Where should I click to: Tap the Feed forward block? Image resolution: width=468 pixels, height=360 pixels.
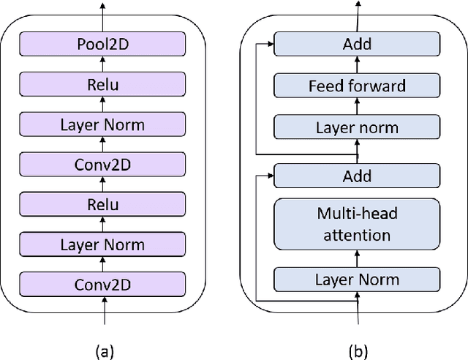point(356,86)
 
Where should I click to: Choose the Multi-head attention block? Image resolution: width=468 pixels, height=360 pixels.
point(356,225)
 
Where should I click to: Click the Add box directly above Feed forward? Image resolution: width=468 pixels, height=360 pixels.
point(356,45)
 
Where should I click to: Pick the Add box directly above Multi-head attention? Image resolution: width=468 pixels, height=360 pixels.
point(356,176)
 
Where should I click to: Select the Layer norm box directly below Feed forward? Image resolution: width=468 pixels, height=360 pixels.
point(356,127)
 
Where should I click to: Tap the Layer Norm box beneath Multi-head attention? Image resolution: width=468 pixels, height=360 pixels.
point(356,279)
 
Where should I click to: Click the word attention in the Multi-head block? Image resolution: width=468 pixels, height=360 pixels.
point(356,235)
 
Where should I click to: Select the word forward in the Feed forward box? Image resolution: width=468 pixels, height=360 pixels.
point(378,86)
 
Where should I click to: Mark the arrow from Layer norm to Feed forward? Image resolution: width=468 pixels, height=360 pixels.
point(357,107)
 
